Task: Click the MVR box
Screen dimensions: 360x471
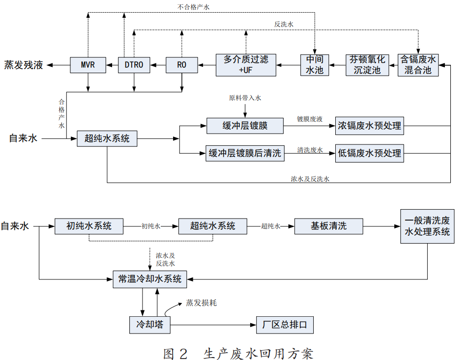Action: click(x=88, y=65)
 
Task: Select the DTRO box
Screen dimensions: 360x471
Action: click(x=134, y=65)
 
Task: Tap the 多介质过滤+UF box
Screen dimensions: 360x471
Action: click(x=246, y=65)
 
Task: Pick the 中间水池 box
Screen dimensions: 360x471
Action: click(x=315, y=65)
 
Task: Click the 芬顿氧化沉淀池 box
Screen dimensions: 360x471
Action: click(x=367, y=65)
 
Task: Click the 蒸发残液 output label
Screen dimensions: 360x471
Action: click(x=24, y=65)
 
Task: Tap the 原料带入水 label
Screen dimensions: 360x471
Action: click(x=244, y=98)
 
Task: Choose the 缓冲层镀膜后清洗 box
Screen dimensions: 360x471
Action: click(x=245, y=154)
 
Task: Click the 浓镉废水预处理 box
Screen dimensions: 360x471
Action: click(x=369, y=126)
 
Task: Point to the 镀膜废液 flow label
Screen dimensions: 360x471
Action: click(x=309, y=119)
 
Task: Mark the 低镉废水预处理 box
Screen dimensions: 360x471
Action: click(x=369, y=154)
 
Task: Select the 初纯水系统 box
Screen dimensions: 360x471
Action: click(x=88, y=226)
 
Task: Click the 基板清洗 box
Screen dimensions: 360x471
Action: click(x=328, y=226)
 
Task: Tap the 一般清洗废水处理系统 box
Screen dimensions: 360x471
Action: click(x=427, y=226)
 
